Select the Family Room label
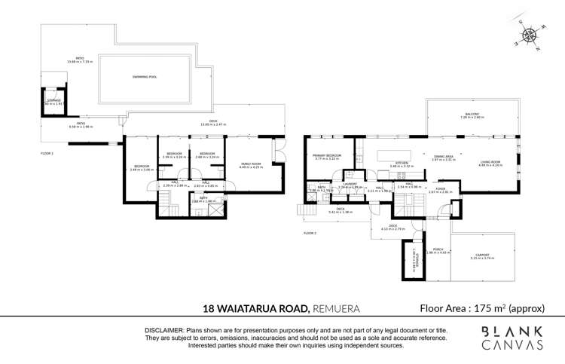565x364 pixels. pyautogui.click(x=251, y=164)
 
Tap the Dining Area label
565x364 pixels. pyautogui.click(x=444, y=156)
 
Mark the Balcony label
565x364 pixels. pyautogui.click(x=472, y=115)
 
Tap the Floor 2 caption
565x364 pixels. pyautogui.click(x=310, y=234)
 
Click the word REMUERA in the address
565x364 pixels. pyautogui.click(x=336, y=308)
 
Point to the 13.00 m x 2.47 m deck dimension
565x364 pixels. pyautogui.click(x=213, y=124)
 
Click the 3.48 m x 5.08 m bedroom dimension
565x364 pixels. pyautogui.click(x=142, y=170)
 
